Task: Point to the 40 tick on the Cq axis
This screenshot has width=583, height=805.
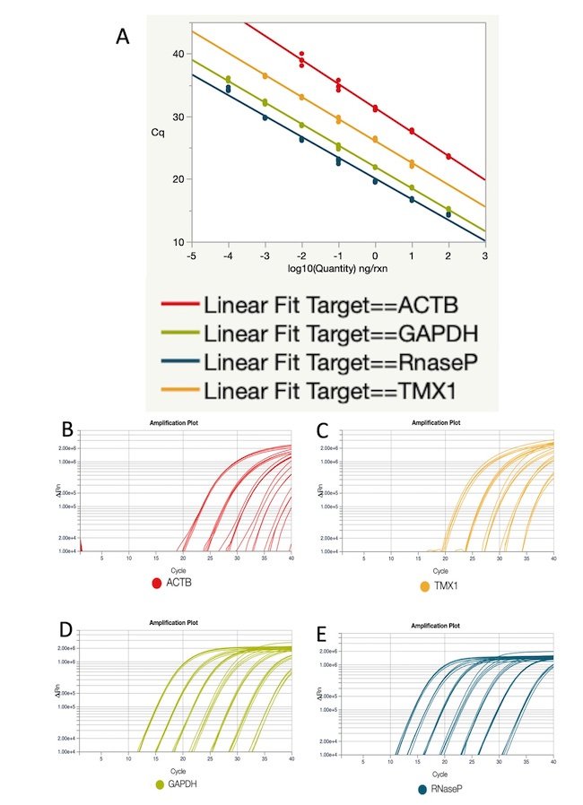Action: [x=177, y=54]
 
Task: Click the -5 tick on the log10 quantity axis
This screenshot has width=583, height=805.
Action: [x=191, y=255]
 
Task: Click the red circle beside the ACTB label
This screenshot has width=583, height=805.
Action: [x=158, y=584]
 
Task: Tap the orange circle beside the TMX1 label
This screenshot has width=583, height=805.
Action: [x=424, y=584]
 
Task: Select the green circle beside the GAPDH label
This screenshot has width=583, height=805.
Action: [x=160, y=784]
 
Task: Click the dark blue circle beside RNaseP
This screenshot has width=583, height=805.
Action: [x=422, y=789]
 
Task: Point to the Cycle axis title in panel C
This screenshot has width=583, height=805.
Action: [x=439, y=569]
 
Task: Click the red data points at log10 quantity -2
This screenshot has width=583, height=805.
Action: [x=301, y=59]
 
